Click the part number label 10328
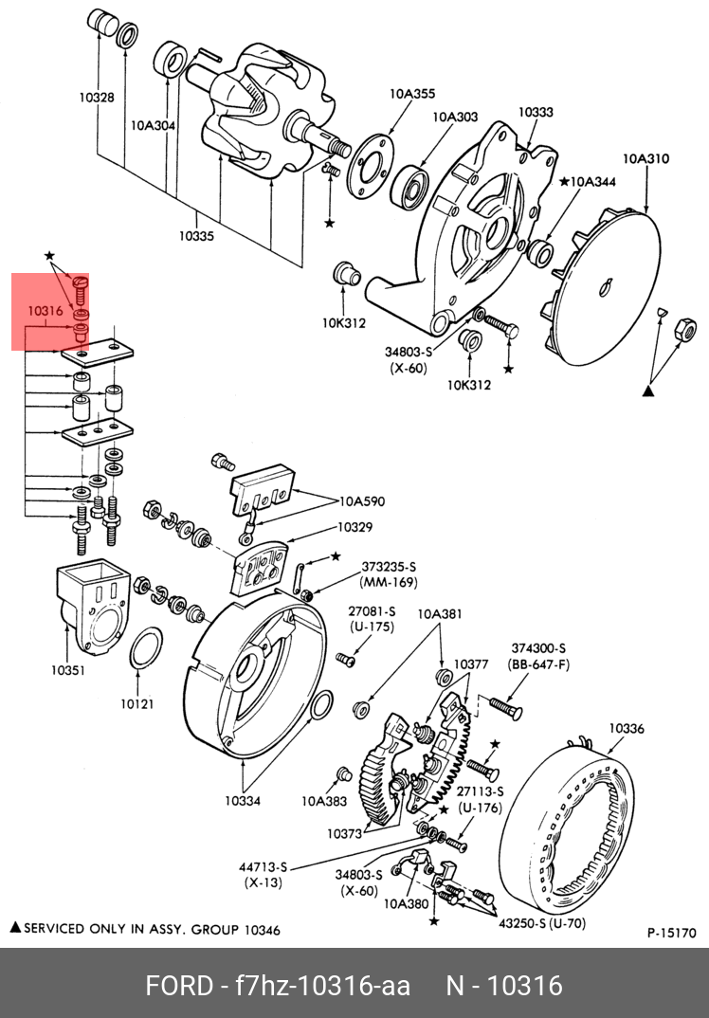tap(97, 98)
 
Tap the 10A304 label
tap(154, 126)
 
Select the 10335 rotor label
tap(197, 236)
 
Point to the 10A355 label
tap(412, 94)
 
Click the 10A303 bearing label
tap(455, 117)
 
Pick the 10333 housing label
tap(536, 112)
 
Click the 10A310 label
tap(646, 158)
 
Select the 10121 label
tap(137, 702)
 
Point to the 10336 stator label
tap(627, 729)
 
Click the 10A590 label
tap(362, 501)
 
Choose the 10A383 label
tap(324, 801)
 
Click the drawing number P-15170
tap(671, 933)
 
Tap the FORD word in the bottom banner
tap(178, 986)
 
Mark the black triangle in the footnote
tap(16, 928)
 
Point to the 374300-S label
tap(538, 648)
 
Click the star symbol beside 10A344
tap(564, 181)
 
